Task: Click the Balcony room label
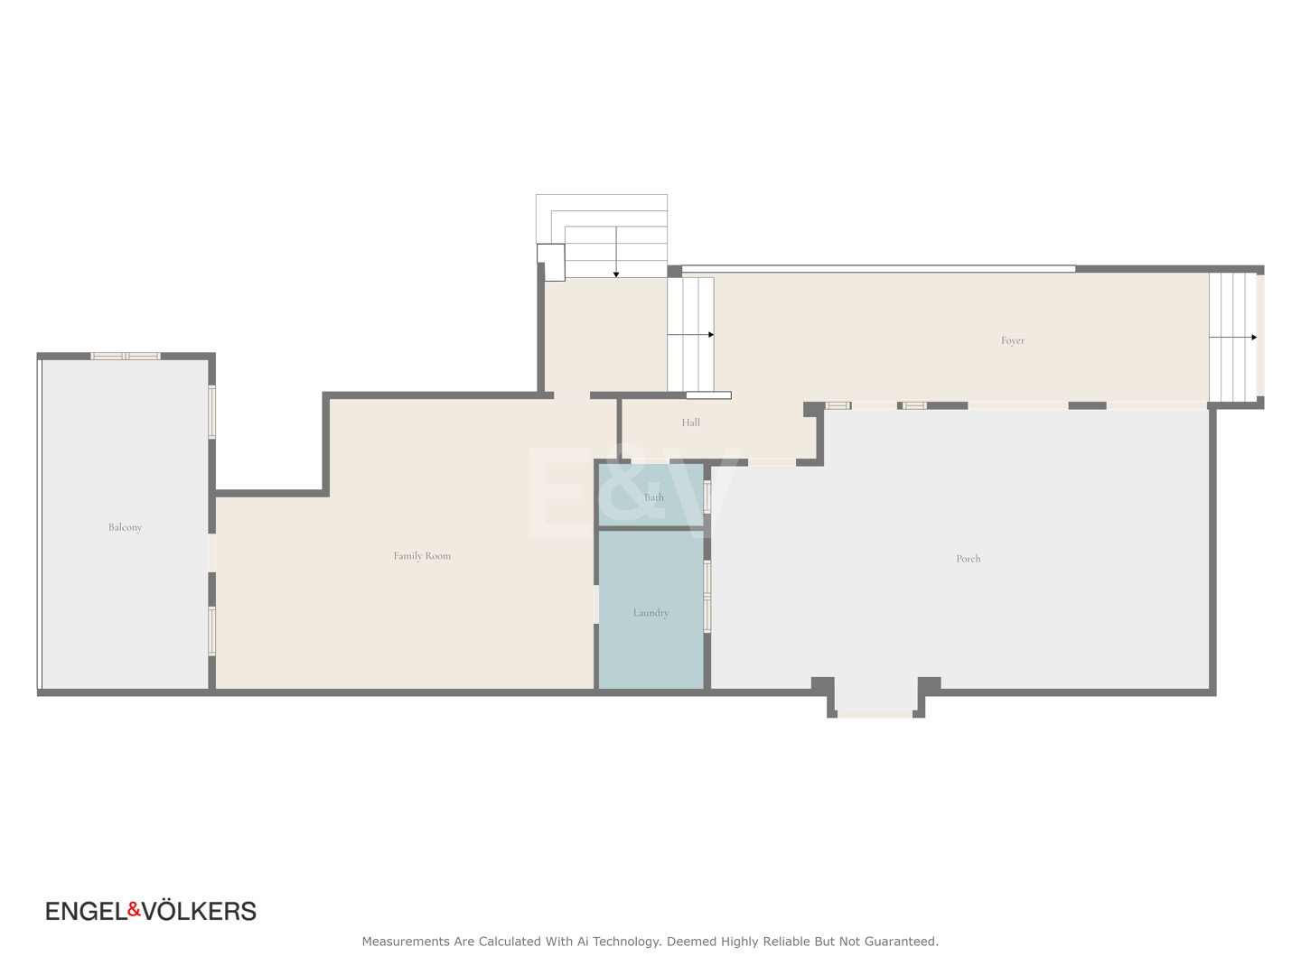point(125,527)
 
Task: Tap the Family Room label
point(421,555)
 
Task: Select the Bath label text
point(654,497)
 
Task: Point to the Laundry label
point(650,612)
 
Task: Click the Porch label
point(968,558)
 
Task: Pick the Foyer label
point(1013,339)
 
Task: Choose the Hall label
point(690,422)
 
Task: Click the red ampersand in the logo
point(134,909)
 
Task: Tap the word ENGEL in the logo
point(87,911)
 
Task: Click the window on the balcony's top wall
point(125,356)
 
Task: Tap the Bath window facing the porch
point(707,497)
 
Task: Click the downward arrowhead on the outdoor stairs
point(616,274)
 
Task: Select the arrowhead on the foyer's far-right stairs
point(1254,338)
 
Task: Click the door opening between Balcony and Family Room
point(211,552)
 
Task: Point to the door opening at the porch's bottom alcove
point(875,714)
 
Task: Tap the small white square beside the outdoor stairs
point(550,262)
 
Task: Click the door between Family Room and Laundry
point(596,604)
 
